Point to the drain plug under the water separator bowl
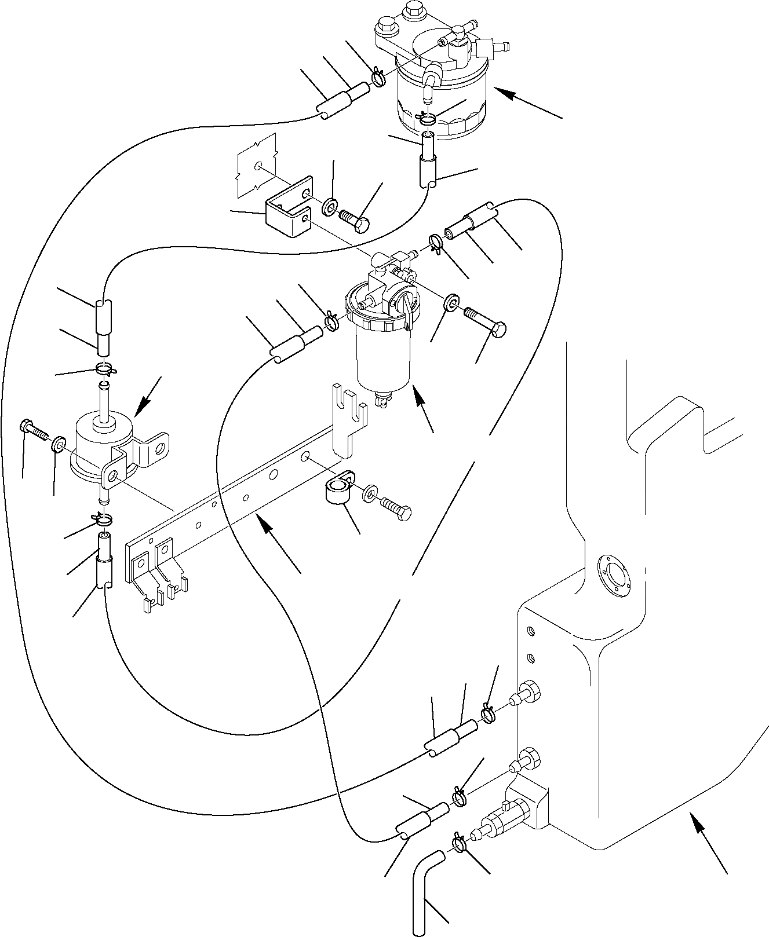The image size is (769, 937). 383,400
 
